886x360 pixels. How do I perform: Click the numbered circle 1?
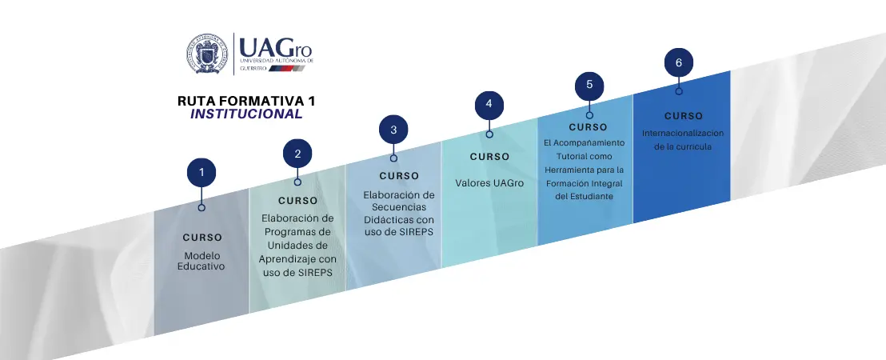pos(202,172)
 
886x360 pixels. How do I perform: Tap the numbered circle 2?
pos(297,154)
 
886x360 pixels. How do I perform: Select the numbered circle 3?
pos(393,129)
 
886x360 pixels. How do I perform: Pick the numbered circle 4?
pos(489,105)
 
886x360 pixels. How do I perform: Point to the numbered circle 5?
pos(589,85)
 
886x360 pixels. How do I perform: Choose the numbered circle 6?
pos(679,62)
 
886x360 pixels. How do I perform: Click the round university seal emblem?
pos(206,54)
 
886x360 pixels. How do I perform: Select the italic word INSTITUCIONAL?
pos(246,114)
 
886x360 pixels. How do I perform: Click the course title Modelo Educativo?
pos(202,261)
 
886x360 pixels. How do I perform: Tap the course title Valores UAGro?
pos(489,183)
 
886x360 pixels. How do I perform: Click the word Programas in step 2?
pos(297,231)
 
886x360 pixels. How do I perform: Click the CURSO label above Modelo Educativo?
pos(202,238)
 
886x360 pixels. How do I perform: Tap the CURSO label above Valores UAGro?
pos(489,157)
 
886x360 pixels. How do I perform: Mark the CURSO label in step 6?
pos(684,116)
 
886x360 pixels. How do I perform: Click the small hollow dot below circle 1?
pos(202,207)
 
